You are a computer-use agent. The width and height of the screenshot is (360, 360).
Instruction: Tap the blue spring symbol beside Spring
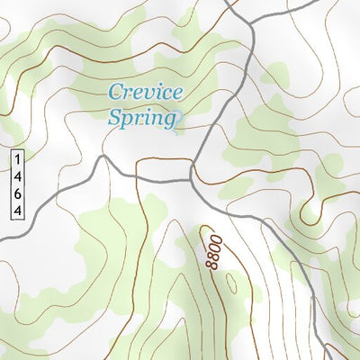[x=179, y=117]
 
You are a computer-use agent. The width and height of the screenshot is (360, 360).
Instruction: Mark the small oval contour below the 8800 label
[x=231, y=284]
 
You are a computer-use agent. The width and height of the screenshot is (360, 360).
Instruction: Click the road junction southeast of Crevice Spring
[x=193, y=179]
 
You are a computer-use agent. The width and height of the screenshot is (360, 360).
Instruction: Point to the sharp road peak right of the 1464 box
[x=103, y=157]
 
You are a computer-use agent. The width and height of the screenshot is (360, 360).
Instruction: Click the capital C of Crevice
[x=114, y=92]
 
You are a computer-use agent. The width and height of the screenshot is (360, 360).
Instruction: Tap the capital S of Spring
[x=114, y=116]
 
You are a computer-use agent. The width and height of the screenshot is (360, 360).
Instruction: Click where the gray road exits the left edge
[x=2, y=238]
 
